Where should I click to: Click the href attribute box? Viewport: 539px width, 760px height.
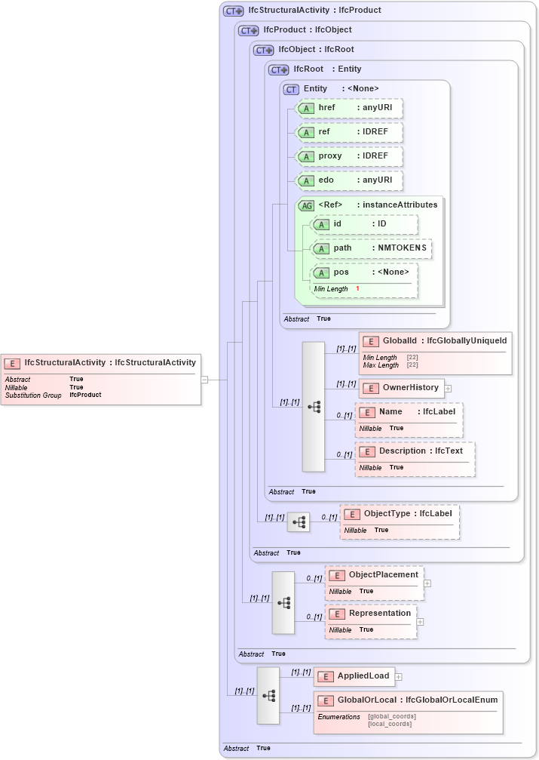349,108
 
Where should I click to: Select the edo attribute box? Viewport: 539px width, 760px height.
349,180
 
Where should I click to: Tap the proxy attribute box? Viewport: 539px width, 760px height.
349,156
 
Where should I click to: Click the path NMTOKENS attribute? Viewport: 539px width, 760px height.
372,248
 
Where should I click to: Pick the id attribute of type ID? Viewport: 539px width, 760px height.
364,224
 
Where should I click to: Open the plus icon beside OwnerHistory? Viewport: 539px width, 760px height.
448,389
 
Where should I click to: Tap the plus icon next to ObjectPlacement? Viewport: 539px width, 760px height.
427,583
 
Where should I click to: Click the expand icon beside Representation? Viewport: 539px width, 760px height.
421,622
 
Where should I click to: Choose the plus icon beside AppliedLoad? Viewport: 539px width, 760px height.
399,677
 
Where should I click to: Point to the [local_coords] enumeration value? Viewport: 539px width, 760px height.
390,724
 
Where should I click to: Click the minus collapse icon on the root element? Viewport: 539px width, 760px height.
204,380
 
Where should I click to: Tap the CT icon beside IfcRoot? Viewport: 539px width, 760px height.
279,69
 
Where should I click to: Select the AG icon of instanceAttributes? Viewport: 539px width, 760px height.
307,205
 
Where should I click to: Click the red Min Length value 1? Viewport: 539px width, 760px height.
357,289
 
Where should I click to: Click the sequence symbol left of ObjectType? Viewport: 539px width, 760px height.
299,522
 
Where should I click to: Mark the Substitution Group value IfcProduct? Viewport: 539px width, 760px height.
85,395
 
